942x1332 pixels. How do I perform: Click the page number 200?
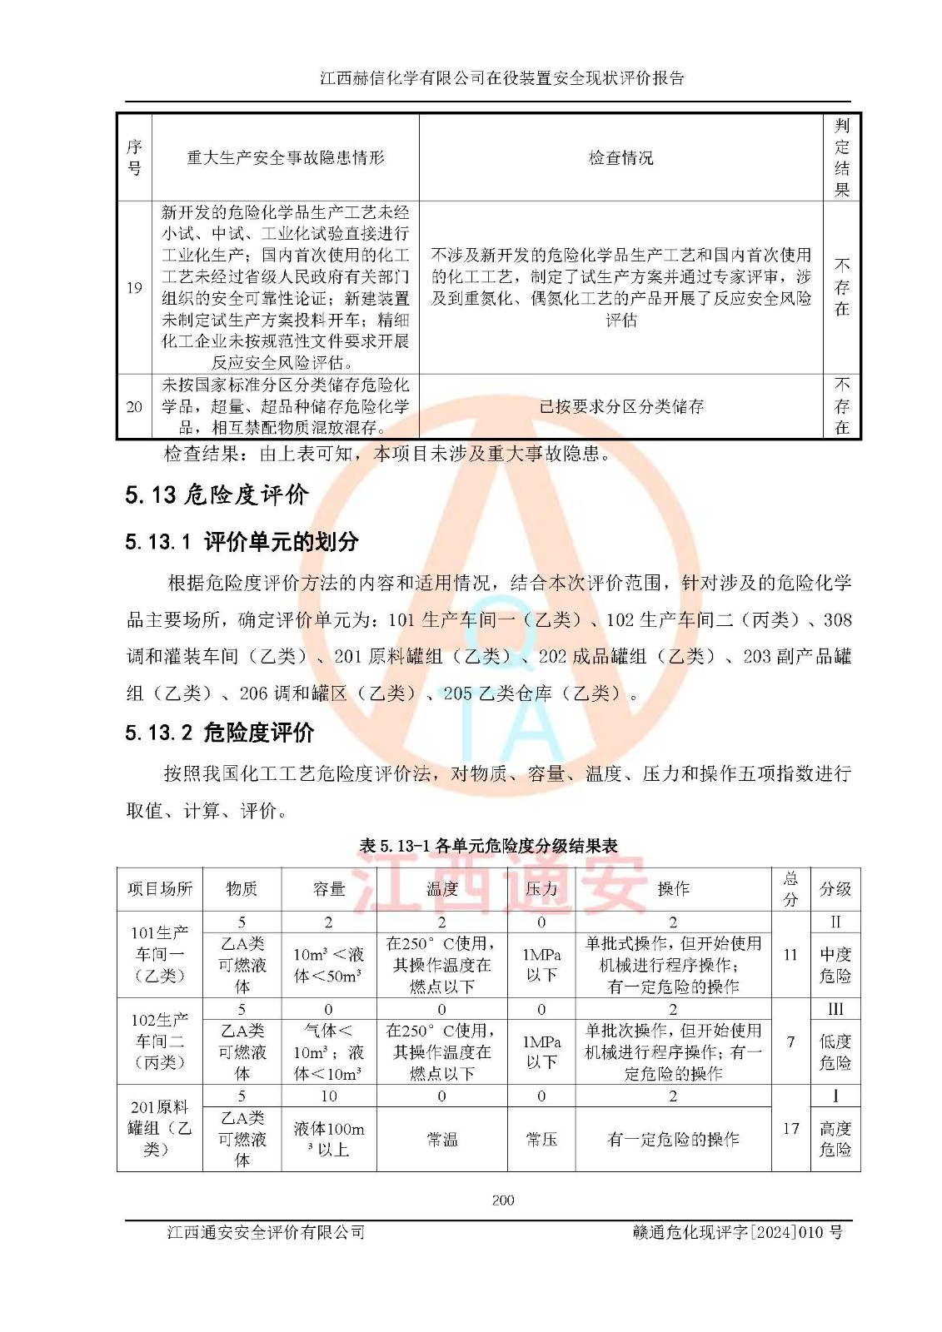pos(502,1200)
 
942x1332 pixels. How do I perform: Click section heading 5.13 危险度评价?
pos(217,495)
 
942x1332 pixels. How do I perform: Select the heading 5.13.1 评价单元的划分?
pos(242,542)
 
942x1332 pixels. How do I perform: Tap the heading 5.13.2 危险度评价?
pos(220,733)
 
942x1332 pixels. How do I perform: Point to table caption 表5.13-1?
pos(488,846)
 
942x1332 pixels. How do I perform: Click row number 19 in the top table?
pos(134,288)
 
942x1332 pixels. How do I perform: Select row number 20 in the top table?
pos(134,406)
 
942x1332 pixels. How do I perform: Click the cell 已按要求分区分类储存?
pos(621,406)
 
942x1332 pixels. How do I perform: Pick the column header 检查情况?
pos(621,157)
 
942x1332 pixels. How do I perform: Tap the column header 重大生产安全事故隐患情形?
pos(285,157)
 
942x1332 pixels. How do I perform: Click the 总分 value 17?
pos(790,1128)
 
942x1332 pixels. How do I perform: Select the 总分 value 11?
pos(790,954)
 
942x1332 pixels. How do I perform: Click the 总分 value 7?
pos(790,1041)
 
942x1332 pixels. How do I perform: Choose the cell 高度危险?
pos(835,1139)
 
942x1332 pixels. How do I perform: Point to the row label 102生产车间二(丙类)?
pos(160,1041)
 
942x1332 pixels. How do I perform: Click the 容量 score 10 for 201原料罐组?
pos(328,1096)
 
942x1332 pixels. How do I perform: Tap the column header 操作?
pos(673,888)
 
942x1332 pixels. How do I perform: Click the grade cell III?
pos(835,1009)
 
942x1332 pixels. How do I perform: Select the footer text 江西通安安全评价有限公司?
pos(266,1232)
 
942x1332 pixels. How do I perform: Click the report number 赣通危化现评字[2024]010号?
pos(737,1232)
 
